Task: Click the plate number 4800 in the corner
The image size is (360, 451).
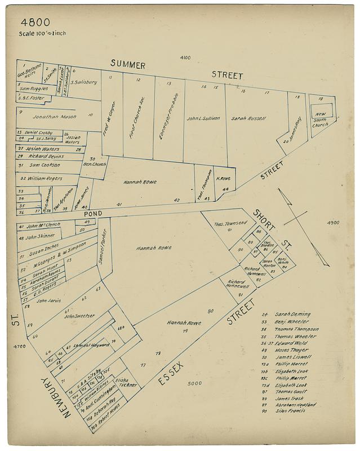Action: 35,23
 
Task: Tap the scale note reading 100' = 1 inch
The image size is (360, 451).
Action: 42,33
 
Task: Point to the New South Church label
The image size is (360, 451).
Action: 321,119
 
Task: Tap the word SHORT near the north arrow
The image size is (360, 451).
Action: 263,215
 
